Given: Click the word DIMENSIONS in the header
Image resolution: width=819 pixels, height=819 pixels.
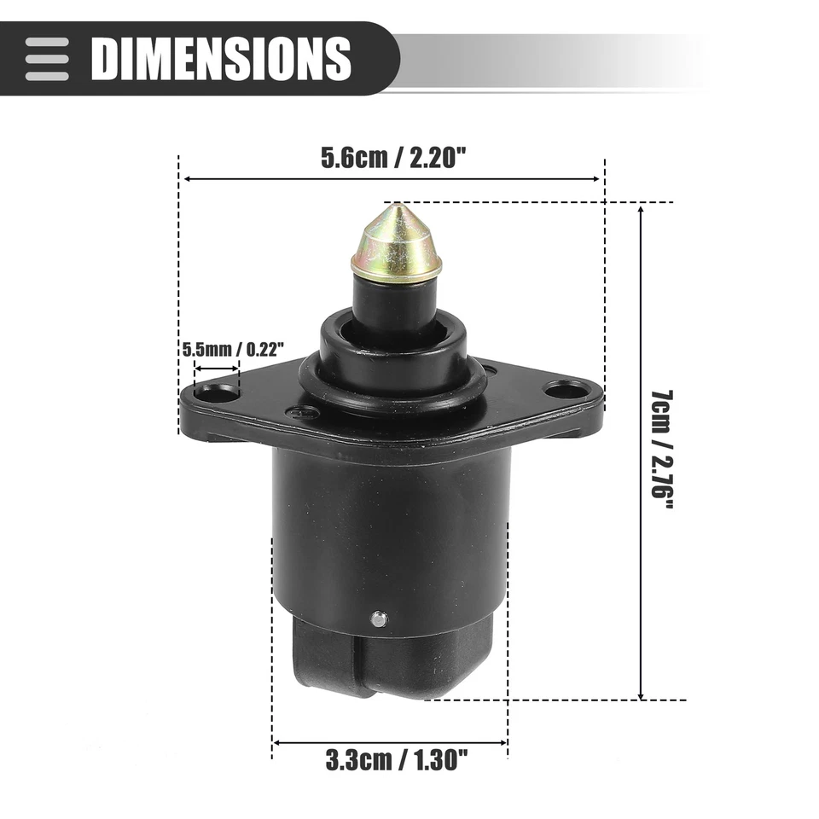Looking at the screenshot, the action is point(221,58).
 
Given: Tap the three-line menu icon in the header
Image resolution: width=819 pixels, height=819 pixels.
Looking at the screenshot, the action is point(47,59).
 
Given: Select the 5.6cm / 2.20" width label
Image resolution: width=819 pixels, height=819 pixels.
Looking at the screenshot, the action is point(392,158).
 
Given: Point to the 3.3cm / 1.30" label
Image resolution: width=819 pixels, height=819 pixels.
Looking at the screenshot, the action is point(397,760).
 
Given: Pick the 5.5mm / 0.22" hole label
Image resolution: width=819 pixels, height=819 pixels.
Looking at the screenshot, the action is point(234,349).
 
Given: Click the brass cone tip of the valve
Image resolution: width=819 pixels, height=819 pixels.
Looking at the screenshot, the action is point(397,241).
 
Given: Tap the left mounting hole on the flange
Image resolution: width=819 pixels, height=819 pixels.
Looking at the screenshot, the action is point(216,393).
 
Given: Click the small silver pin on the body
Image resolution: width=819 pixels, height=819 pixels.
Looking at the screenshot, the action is point(379,619).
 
